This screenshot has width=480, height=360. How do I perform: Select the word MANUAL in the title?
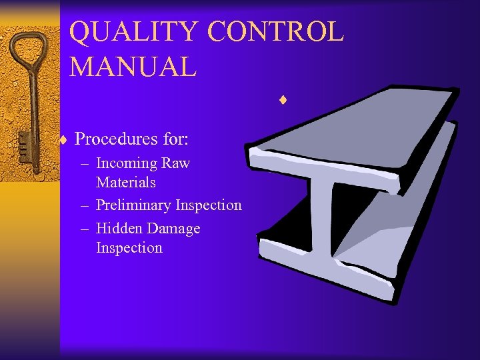(x=133, y=67)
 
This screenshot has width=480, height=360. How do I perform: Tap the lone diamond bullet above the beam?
(x=283, y=101)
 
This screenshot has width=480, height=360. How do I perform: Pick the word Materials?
(x=126, y=182)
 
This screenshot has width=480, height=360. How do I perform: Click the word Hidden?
(x=120, y=229)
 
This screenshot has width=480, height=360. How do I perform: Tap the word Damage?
(x=174, y=229)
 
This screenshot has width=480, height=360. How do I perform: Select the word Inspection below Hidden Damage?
(x=129, y=248)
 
